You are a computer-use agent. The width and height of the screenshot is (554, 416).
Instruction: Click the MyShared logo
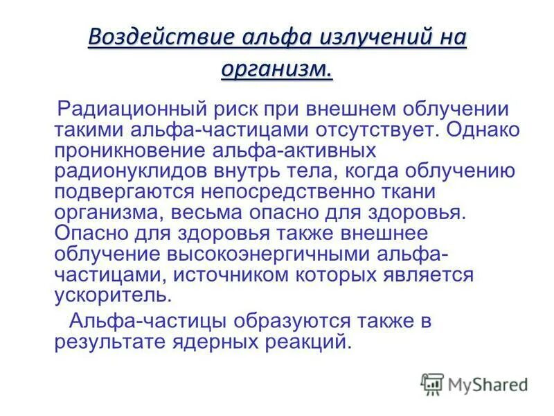coord(474,383)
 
